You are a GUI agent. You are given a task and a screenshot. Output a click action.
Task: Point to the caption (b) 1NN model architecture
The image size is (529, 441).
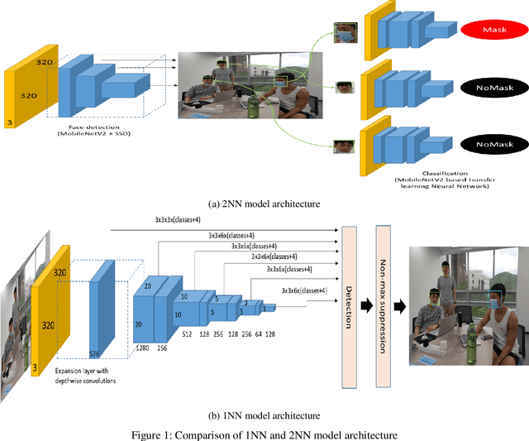click(264, 415)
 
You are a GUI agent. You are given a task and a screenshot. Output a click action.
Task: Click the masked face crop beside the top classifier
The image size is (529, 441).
click(344, 32)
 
